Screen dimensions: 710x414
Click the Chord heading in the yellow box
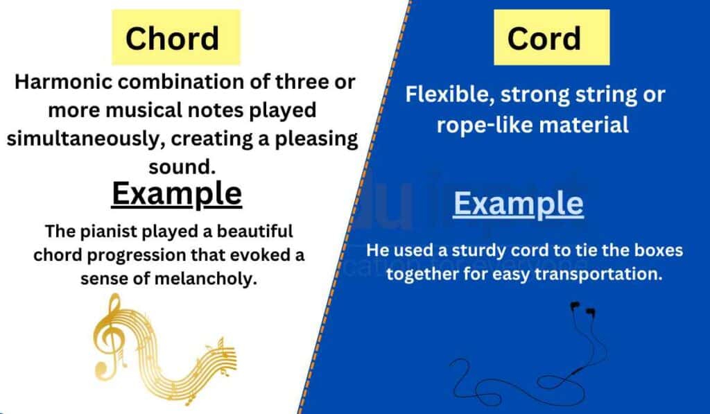coord(173,39)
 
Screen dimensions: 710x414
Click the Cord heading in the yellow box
coord(544,39)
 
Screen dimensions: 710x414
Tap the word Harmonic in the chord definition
coord(63,82)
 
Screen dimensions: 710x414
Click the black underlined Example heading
coord(177,194)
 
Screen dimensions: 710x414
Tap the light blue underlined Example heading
coord(519,204)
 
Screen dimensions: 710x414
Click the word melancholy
coord(206,278)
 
